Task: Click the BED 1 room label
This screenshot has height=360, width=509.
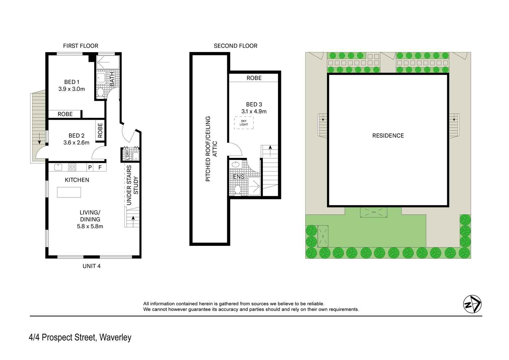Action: [x=72, y=82]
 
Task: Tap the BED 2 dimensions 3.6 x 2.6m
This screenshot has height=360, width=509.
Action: [x=76, y=143]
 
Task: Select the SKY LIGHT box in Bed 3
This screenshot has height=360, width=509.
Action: [x=244, y=123]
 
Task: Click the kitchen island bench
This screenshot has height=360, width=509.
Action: [x=69, y=192]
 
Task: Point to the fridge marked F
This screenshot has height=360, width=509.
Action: [x=100, y=168]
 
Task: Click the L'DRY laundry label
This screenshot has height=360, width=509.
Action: [x=126, y=154]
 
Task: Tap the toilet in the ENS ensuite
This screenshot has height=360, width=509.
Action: [x=238, y=189]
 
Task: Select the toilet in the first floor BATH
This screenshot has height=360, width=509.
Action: [x=101, y=92]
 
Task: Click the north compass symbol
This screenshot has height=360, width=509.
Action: [x=472, y=304]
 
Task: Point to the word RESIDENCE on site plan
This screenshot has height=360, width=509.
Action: [x=388, y=135]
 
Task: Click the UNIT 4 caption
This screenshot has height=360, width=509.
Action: [x=92, y=266]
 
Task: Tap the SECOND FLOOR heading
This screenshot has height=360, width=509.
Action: [x=236, y=46]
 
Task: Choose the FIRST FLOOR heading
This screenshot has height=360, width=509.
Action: [x=81, y=46]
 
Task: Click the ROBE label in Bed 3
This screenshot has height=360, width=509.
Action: [x=254, y=78]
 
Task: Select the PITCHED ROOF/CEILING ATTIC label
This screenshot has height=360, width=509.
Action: [x=211, y=149]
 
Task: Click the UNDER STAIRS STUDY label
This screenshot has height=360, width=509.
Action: [x=132, y=185]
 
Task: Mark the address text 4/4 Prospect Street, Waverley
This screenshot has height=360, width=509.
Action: [x=80, y=338]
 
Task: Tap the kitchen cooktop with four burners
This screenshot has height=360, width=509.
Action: [x=72, y=167]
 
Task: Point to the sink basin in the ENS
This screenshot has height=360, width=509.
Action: [x=236, y=164]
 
